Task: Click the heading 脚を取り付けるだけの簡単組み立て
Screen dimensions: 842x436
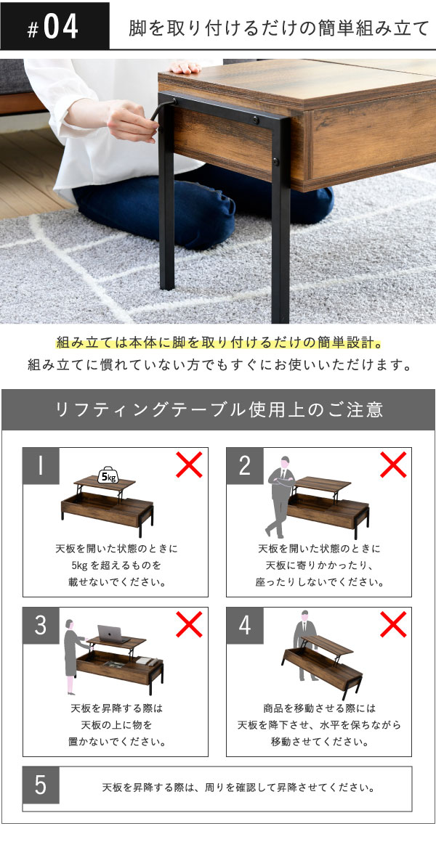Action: coord(278,28)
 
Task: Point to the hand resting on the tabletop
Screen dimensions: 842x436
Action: coord(185,67)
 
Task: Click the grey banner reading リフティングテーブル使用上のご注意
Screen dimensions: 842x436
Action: coord(218,409)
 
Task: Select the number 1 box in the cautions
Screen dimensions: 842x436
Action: coord(41,466)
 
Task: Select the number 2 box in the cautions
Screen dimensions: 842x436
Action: coord(244,466)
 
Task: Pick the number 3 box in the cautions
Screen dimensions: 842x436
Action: coord(41,626)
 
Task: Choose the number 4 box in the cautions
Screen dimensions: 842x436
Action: coord(244,626)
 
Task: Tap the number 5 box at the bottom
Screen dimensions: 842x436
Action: coord(41,785)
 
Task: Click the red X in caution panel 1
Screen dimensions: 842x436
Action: coord(190,465)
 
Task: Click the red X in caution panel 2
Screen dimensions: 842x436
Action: coord(393,465)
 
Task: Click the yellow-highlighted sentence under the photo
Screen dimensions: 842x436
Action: coord(219,343)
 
